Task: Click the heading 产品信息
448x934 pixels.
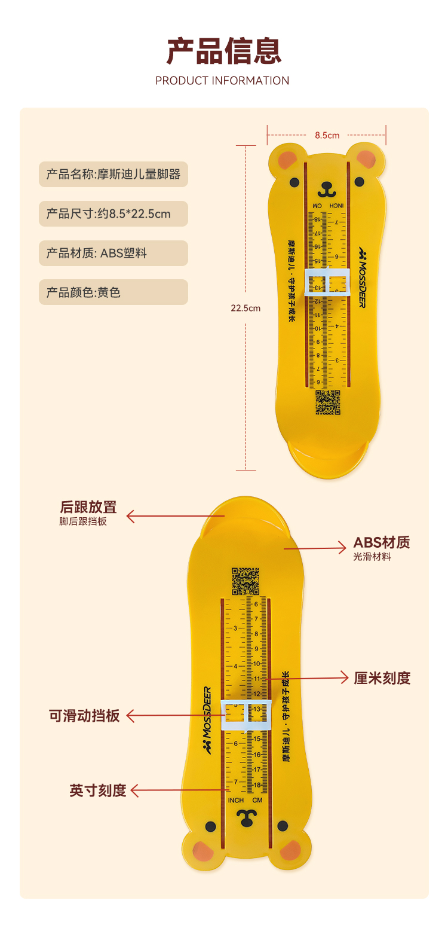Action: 223,50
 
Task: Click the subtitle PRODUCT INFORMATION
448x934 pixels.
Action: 222,81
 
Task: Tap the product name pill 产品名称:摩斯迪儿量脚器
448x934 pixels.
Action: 113,175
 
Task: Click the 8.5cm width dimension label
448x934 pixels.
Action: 327,135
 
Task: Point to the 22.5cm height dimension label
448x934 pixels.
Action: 246,309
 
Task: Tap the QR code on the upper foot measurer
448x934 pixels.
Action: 328,402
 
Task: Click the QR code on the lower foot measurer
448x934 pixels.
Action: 245,581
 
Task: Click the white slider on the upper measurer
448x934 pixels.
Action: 327,282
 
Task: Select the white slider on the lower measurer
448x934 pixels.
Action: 246,715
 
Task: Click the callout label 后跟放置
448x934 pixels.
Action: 88,508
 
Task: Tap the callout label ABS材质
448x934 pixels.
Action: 382,543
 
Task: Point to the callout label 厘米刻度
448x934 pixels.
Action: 382,678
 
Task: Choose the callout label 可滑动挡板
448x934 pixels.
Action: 85,716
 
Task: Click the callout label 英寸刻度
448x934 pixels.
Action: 98,790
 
